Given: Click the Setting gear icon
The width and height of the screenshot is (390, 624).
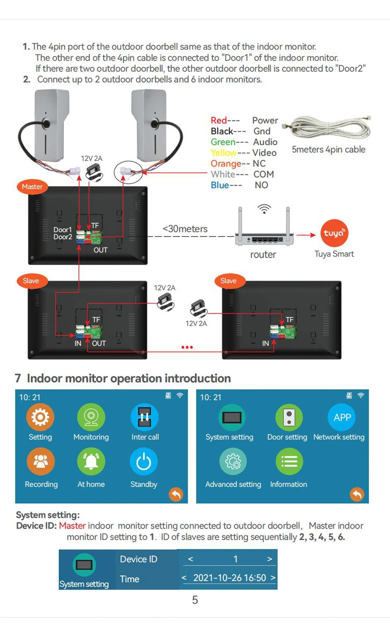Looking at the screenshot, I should (40, 417).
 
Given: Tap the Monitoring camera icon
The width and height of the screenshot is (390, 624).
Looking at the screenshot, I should (91, 417).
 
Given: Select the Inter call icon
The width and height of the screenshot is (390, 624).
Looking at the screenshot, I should (144, 417).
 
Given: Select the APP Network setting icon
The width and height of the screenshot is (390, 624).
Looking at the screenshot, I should (342, 417).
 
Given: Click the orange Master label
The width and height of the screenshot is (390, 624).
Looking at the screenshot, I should (32, 187).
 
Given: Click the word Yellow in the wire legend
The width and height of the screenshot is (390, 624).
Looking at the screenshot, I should (224, 153).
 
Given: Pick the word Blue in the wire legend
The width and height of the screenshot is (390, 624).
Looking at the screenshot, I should (219, 185).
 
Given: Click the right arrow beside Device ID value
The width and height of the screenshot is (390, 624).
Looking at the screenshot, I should (270, 559).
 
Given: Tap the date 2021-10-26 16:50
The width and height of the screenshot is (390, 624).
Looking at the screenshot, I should (230, 578).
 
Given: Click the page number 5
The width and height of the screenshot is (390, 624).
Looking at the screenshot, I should (195, 600).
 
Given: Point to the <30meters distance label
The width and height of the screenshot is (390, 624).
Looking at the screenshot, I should (185, 229).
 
